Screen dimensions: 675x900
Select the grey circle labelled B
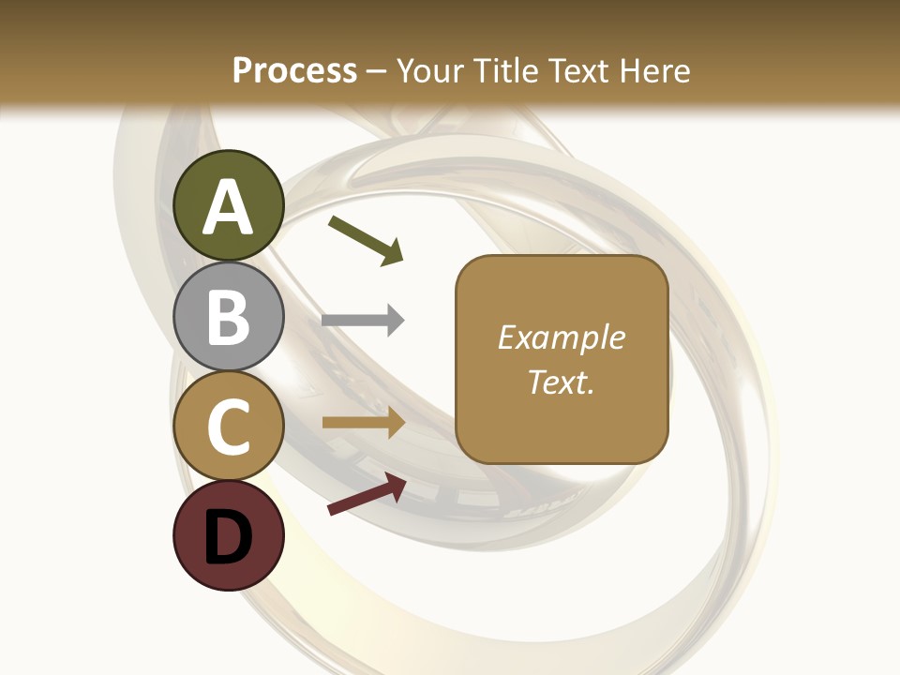(x=229, y=317)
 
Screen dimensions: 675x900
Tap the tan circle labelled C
(x=229, y=427)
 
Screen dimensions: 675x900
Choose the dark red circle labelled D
(x=229, y=536)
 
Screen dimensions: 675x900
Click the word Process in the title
(x=294, y=70)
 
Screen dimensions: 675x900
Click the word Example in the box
(x=562, y=337)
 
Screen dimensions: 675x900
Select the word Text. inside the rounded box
(x=561, y=382)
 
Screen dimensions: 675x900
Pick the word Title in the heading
(x=500, y=70)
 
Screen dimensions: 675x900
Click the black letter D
(x=229, y=540)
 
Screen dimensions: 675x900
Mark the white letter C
(x=229, y=427)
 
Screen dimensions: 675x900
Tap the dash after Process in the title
(x=377, y=72)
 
